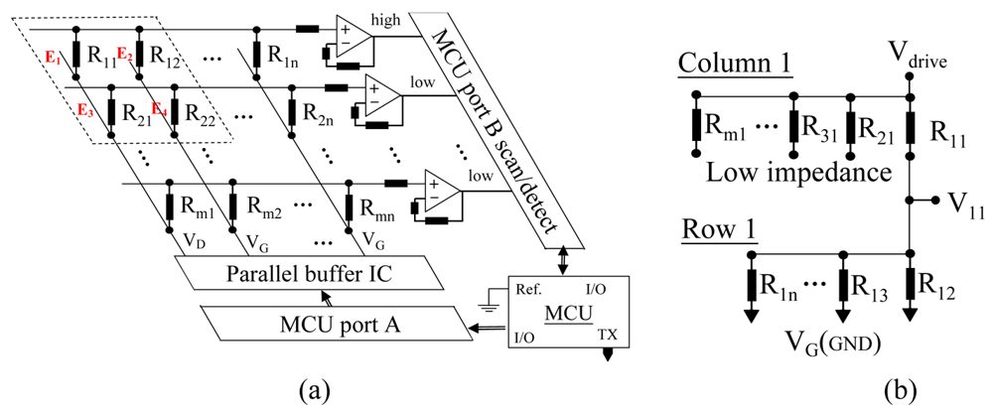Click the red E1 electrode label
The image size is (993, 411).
pos(53,56)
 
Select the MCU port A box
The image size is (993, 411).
pos(319,322)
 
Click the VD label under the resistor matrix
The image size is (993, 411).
pos(194,241)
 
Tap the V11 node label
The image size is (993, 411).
pos(959,204)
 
